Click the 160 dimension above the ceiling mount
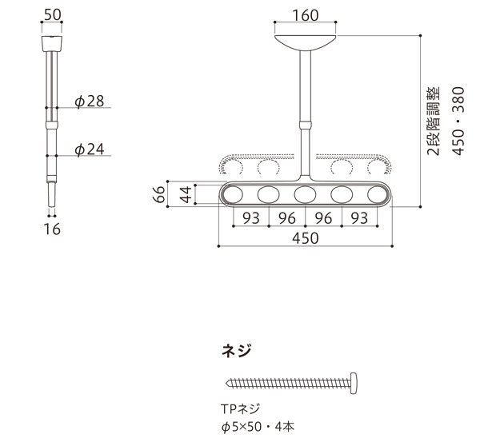[x=306, y=15]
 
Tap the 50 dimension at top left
[x=52, y=14]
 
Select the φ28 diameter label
[x=90, y=101]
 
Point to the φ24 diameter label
[x=90, y=149]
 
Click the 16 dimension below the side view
[x=52, y=229]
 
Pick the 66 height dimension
[x=159, y=194]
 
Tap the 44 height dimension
[x=186, y=194]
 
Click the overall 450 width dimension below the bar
[x=306, y=238]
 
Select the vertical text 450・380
[x=458, y=121]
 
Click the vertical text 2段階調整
[x=433, y=121]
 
